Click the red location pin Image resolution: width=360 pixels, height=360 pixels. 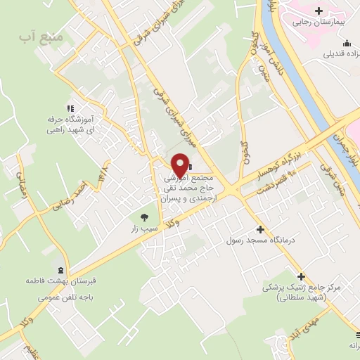[x=180, y=166]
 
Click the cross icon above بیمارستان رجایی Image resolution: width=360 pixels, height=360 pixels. [x=319, y=11]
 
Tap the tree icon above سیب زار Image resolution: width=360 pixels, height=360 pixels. [x=144, y=217]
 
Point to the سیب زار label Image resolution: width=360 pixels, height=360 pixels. [x=144, y=229]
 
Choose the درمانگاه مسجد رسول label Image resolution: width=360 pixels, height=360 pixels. [x=259, y=240]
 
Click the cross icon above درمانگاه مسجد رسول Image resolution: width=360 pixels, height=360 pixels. [x=260, y=229]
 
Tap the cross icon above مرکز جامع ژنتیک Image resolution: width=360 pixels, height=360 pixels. [x=302, y=276]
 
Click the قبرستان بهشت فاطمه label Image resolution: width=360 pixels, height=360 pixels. [x=60, y=281]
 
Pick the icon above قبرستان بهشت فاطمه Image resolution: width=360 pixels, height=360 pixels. [x=60, y=270]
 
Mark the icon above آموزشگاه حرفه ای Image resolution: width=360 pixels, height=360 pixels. [x=70, y=108]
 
